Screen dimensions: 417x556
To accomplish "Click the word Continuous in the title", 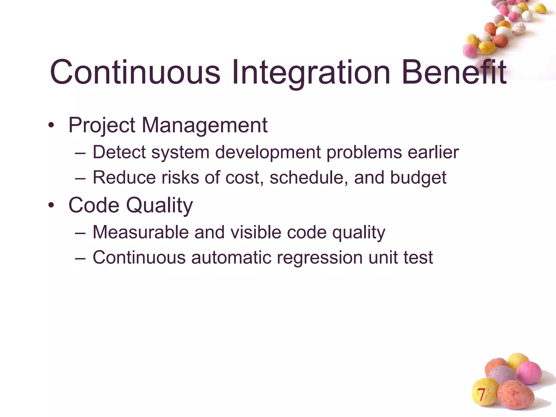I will (x=135, y=72).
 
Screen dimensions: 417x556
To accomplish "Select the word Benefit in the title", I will (x=454, y=72).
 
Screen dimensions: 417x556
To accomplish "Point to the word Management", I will (x=204, y=125).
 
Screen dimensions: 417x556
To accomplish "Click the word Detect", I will (x=119, y=152).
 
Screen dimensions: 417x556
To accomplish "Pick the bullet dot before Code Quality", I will (x=51, y=205).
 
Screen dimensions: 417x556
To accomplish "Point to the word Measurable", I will (x=141, y=232).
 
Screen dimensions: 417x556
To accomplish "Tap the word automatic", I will (x=231, y=257).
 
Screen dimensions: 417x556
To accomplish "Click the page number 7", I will (x=481, y=395).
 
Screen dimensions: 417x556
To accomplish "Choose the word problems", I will (x=364, y=152).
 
